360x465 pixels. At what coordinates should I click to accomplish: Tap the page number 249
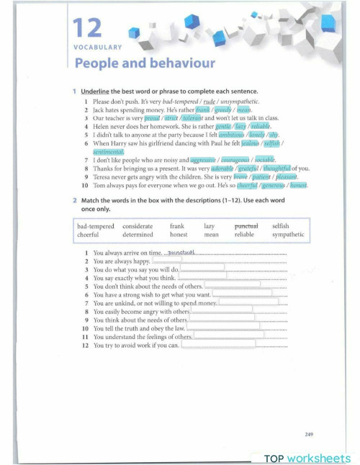click(x=309, y=434)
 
